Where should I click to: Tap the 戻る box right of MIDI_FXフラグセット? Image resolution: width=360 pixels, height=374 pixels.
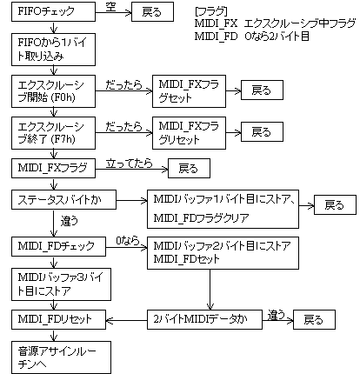(x=260, y=90)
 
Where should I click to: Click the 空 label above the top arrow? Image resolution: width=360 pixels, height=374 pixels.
(x=110, y=6)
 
